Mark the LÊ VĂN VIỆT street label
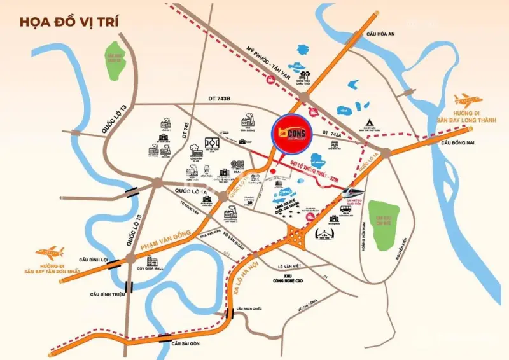tap(292, 267)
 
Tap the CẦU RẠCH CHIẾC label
tap(249, 309)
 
